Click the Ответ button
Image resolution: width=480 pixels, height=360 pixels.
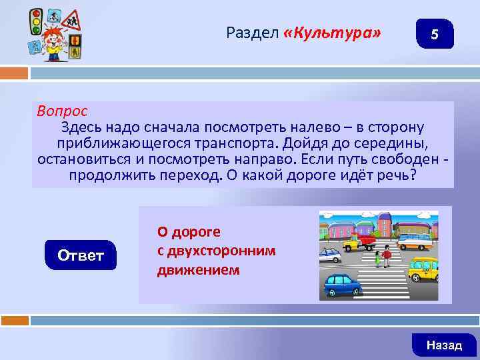tap(81, 255)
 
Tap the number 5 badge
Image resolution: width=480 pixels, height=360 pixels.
tap(434, 34)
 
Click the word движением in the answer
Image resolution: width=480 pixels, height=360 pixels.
tap(198, 271)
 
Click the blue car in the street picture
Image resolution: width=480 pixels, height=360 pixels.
tap(342, 284)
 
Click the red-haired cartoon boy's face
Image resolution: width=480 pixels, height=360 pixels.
tap(53, 36)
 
